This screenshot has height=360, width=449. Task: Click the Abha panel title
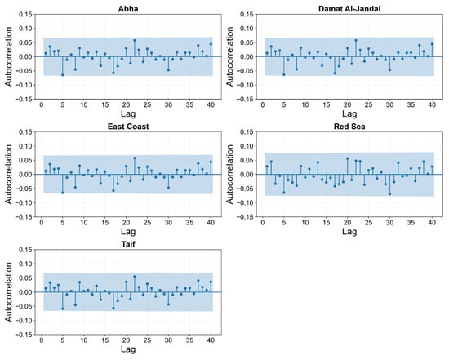[x=128, y=9]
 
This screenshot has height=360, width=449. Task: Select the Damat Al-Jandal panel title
[x=349, y=9]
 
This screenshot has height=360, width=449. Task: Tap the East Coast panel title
[x=128, y=127]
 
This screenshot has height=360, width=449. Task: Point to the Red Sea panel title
[x=349, y=127]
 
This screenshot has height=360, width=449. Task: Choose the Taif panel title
[x=128, y=244]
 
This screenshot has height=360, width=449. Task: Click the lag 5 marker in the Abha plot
[x=63, y=75]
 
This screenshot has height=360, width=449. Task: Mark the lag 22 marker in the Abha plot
[x=135, y=40]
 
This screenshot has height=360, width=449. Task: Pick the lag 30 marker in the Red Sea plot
[x=389, y=194]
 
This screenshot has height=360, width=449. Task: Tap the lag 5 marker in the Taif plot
[x=63, y=309]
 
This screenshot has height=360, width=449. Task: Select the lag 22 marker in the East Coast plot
[x=135, y=158]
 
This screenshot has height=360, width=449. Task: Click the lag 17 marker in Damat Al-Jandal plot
[x=335, y=73]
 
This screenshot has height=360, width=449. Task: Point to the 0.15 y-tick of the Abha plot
[x=25, y=15]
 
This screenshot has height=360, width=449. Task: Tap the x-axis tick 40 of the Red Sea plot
[x=432, y=223]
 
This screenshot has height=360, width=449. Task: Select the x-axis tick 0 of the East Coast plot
[x=42, y=223]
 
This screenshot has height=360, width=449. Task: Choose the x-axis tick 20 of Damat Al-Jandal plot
[x=347, y=104]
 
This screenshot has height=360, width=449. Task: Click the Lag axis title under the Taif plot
[x=128, y=349]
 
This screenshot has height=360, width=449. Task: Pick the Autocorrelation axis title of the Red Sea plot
[x=230, y=174]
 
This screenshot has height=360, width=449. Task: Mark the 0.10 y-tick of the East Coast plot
[x=25, y=146]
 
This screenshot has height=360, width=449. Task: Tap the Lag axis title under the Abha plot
[x=128, y=113]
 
